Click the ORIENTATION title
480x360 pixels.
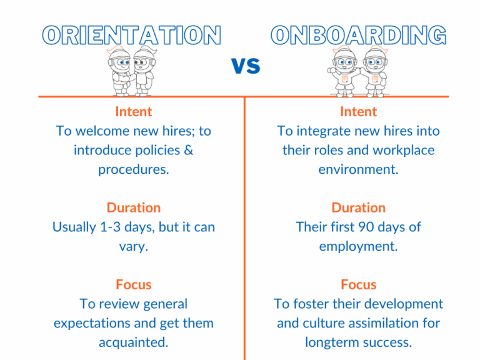(131, 35)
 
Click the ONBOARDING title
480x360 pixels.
(359, 35)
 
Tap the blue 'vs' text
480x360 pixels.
(246, 66)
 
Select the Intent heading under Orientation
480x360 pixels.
(133, 112)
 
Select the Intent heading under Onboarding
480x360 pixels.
(358, 112)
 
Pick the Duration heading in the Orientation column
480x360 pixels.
(133, 207)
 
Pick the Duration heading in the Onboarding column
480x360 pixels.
(358, 207)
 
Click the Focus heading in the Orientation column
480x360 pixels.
(133, 284)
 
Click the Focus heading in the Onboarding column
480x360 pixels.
(358, 284)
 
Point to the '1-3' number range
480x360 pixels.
(112, 227)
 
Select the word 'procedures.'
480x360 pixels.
(133, 169)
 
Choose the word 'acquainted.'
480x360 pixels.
(133, 342)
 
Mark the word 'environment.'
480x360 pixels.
(358, 169)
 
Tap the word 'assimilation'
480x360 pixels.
(386, 323)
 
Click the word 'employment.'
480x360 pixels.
(358, 246)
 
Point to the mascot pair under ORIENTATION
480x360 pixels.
(131, 70)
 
